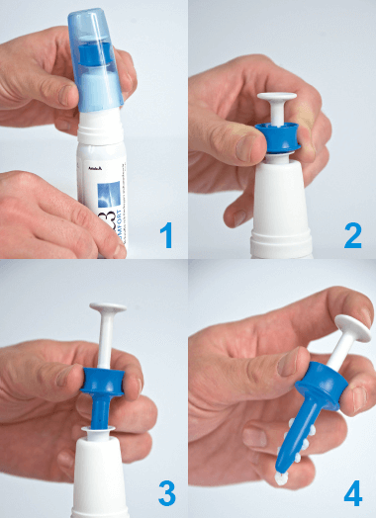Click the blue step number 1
tap(166, 235)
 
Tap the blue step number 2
tap(352, 235)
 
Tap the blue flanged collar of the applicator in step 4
tap(322, 385)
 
